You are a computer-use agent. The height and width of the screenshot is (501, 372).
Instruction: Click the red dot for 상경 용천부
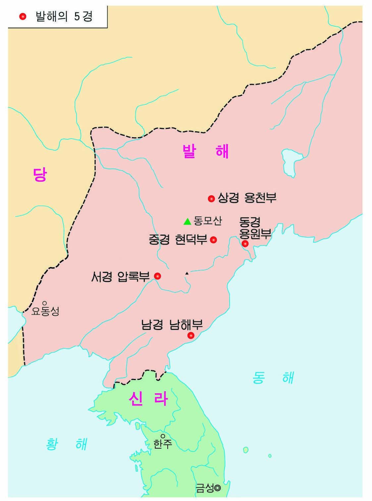(211, 198)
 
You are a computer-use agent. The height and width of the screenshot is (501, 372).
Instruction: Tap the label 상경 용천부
(247, 198)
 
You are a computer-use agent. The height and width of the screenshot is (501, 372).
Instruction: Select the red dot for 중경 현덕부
(213, 240)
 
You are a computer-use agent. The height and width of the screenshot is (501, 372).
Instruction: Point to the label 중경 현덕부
(178, 240)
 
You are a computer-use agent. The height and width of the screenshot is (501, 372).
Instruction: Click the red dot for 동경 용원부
(245, 244)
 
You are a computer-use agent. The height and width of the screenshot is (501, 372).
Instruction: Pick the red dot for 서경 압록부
(158, 276)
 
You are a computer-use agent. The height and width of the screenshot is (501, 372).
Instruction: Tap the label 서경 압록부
(120, 276)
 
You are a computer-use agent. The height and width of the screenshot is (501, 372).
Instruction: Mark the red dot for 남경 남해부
(191, 335)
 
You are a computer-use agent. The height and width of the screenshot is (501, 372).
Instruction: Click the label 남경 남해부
(172, 324)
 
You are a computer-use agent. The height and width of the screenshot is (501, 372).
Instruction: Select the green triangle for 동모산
(187, 221)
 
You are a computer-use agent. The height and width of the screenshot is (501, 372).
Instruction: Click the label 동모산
(208, 221)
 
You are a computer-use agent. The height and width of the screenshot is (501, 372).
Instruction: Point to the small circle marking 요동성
(44, 303)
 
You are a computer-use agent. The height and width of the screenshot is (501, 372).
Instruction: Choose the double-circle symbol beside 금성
(217, 487)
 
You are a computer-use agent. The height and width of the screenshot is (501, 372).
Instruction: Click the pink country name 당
(40, 175)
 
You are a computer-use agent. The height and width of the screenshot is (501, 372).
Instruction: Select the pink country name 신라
(148, 399)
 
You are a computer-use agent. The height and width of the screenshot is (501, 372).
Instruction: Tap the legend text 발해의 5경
(64, 16)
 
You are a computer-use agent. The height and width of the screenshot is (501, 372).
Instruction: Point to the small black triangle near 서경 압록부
(187, 273)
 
